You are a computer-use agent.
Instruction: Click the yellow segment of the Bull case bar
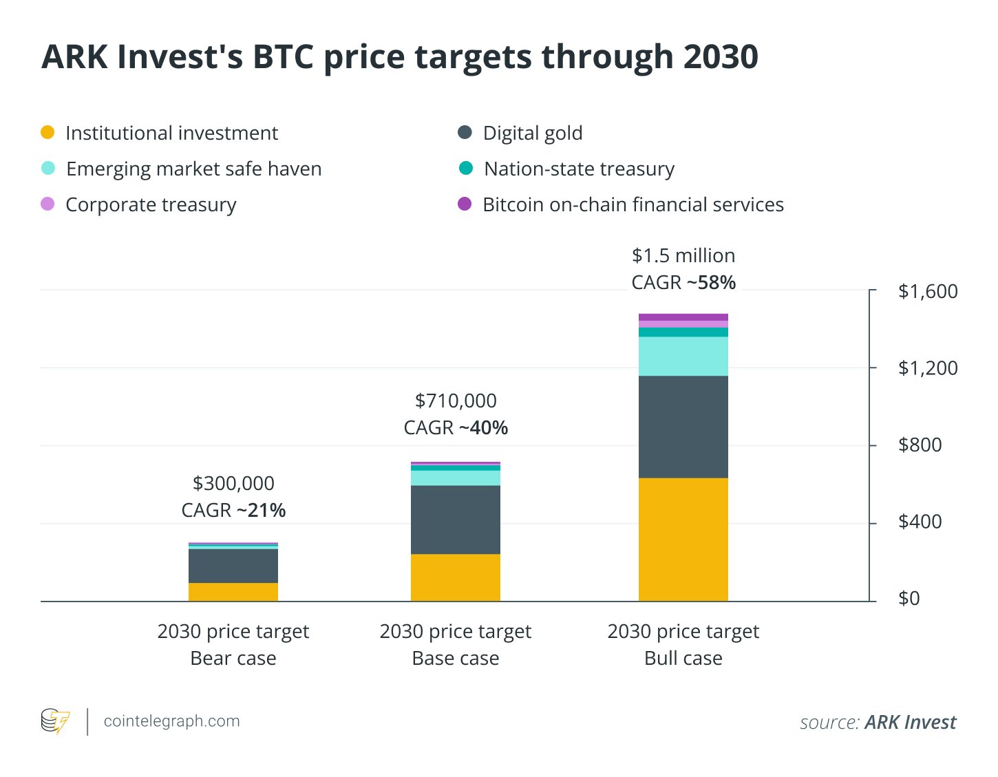683,540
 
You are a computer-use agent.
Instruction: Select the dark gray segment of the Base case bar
455,520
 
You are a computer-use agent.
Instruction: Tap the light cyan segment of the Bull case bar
683,356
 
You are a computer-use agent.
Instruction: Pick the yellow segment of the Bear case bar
233,592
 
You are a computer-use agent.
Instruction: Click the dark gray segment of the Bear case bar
233,566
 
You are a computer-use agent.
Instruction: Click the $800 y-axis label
920,445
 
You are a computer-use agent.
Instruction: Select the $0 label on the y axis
909,598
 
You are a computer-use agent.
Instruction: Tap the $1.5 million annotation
683,255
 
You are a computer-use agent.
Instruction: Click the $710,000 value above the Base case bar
456,401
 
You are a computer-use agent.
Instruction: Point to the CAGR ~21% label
233,510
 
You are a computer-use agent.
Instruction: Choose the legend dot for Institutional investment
47,132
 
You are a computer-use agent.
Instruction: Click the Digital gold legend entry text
532,133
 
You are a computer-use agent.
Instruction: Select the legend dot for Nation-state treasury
465,168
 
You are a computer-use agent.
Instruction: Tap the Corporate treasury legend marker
47,204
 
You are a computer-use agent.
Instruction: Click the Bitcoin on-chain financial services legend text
633,204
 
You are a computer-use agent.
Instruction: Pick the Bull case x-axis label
683,644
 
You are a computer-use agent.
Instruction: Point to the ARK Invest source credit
910,722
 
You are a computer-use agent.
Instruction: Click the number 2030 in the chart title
721,56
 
